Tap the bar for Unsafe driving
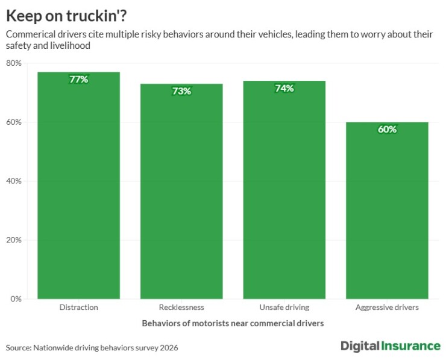tap(284, 189)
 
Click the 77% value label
tap(79, 80)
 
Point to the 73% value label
tap(181, 91)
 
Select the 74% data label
tap(284, 89)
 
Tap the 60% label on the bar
tap(387, 130)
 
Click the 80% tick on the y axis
tap(14, 63)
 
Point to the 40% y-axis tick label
tap(14, 181)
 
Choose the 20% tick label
tap(14, 240)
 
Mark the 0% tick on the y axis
tap(16, 298)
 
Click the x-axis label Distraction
tap(79, 308)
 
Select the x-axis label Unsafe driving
tap(284, 308)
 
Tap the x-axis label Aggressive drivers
tap(387, 308)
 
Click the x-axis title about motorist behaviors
tap(233, 323)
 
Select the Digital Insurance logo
tap(390, 346)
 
